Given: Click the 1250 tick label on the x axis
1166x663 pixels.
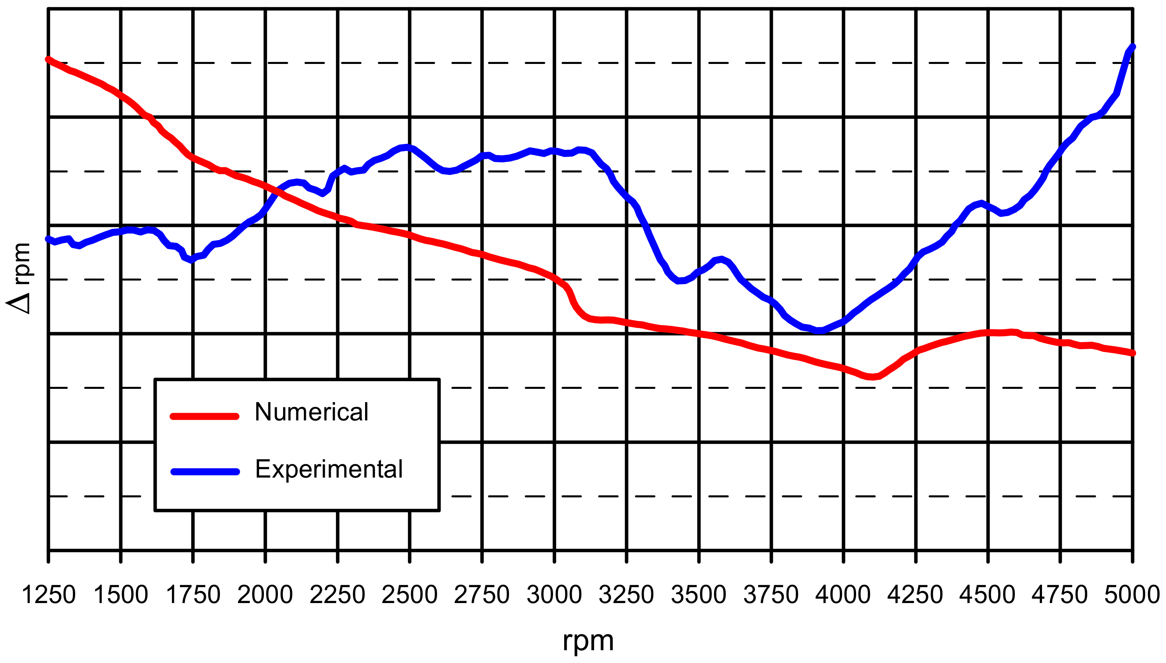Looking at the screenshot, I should tap(48, 595).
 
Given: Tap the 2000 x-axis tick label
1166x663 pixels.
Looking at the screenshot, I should tap(265, 595).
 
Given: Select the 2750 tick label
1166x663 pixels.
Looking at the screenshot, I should tap(482, 595).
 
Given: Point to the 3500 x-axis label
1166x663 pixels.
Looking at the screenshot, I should tap(699, 595).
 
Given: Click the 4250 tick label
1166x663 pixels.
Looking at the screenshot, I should tap(916, 595).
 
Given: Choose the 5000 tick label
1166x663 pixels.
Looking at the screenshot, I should tap(1132, 595).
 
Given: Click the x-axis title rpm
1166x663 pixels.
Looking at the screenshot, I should tap(588, 641).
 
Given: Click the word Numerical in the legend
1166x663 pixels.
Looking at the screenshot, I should tap(311, 412).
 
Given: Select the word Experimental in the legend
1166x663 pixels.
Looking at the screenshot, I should tap(329, 469).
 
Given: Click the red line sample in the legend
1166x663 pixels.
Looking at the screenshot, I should tap(204, 416).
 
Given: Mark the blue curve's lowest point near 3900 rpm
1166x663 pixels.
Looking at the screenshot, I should tap(819, 331).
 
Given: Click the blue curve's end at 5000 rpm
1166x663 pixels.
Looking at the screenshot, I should tap(1132, 47).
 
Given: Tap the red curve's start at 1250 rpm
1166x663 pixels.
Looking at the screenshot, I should tap(48, 59).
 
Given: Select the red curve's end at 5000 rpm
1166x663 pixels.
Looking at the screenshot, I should tap(1132, 353).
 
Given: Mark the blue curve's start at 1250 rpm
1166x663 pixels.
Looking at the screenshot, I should tap(48, 239).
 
